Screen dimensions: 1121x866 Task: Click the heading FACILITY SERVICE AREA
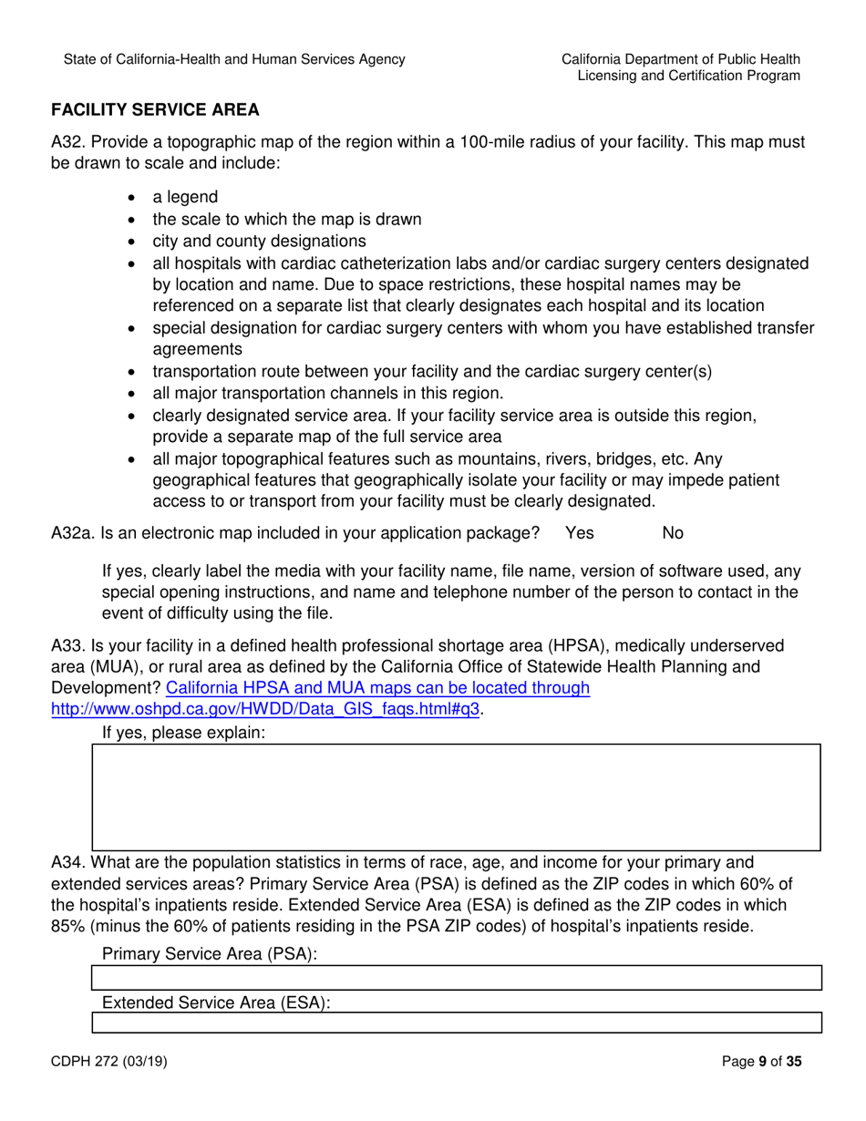point(155,110)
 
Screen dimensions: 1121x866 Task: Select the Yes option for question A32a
point(580,533)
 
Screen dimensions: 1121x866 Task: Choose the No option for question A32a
point(673,533)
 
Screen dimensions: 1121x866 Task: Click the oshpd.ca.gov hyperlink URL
point(266,708)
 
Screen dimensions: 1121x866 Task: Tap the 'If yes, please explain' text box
point(456,797)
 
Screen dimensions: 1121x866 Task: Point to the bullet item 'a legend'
point(185,198)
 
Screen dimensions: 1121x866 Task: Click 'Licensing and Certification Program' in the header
point(689,77)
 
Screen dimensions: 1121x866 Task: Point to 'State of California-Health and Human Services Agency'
point(234,59)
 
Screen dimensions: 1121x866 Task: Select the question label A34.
point(68,862)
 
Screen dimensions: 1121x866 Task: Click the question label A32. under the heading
point(68,143)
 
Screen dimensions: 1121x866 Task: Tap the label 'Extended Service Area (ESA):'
point(215,1003)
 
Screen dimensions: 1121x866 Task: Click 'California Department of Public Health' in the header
point(681,59)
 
